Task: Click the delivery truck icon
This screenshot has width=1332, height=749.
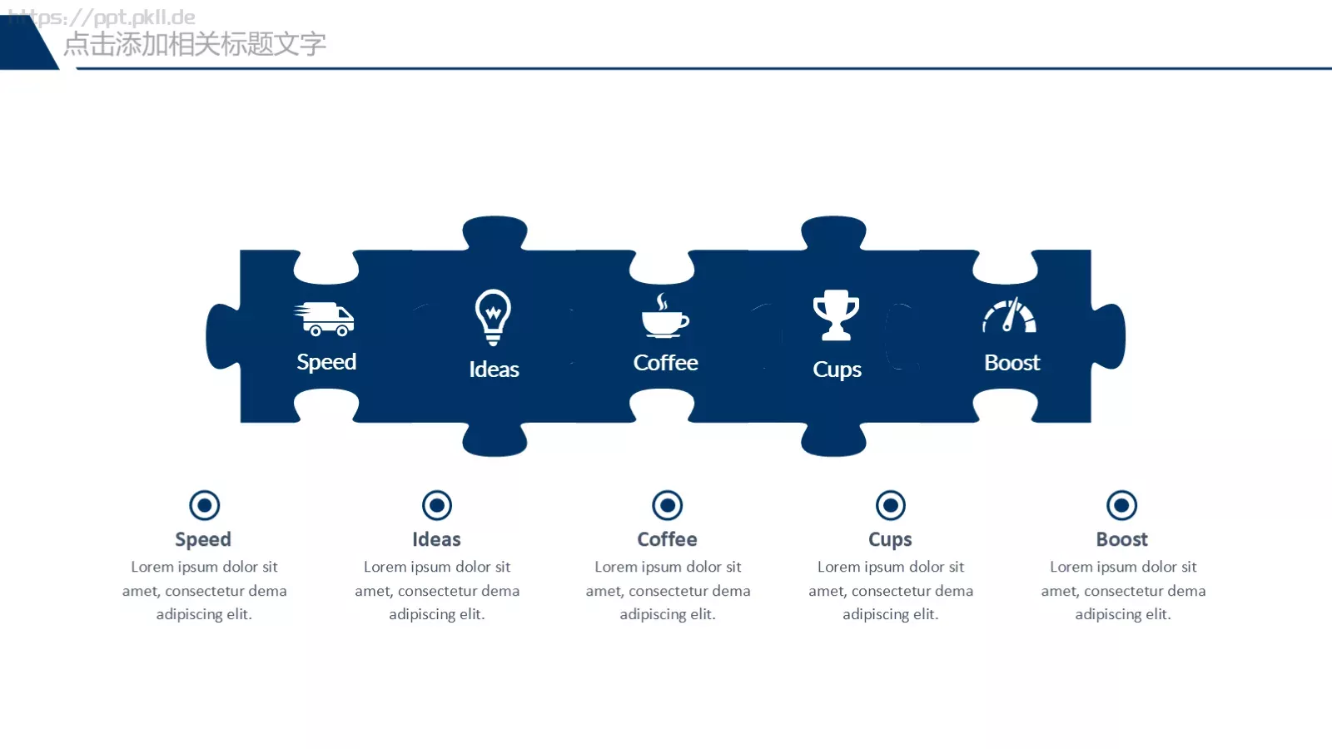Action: (324, 320)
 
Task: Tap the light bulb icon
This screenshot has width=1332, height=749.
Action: (493, 317)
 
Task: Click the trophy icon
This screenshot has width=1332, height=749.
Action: (836, 315)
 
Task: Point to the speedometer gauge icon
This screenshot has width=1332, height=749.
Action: (1010, 315)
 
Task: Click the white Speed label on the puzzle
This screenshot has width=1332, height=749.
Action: (326, 362)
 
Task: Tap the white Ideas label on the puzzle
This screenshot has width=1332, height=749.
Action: (494, 370)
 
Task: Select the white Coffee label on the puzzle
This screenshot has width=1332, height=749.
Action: (665, 363)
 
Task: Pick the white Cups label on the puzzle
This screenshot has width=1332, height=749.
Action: (837, 370)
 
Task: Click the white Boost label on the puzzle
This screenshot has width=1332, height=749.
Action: (1012, 363)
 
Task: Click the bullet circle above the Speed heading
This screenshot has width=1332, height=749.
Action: (205, 505)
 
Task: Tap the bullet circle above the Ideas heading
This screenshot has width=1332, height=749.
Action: (437, 505)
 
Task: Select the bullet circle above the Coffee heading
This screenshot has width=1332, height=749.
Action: (667, 505)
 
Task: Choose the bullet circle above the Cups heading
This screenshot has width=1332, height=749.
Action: (890, 505)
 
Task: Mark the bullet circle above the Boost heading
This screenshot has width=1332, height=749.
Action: (1121, 505)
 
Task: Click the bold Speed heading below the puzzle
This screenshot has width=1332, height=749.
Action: (203, 539)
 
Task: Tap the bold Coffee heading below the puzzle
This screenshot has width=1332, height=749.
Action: (667, 539)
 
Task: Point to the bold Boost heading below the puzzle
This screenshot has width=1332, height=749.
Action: (1121, 539)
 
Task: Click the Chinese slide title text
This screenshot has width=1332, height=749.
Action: (195, 44)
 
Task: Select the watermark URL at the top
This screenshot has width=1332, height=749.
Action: (102, 17)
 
